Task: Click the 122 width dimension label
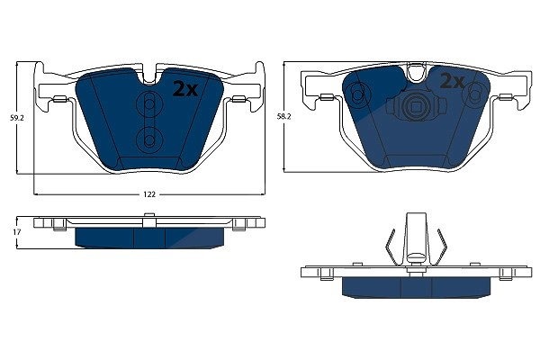tap(149, 194)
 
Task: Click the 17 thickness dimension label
tap(16, 232)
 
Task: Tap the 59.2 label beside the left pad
tap(16, 118)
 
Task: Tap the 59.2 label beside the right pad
tap(283, 117)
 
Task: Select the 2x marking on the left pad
tap(185, 89)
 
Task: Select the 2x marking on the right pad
tap(453, 82)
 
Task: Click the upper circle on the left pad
tap(149, 103)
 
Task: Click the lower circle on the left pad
tap(149, 139)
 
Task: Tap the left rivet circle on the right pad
tap(358, 93)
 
